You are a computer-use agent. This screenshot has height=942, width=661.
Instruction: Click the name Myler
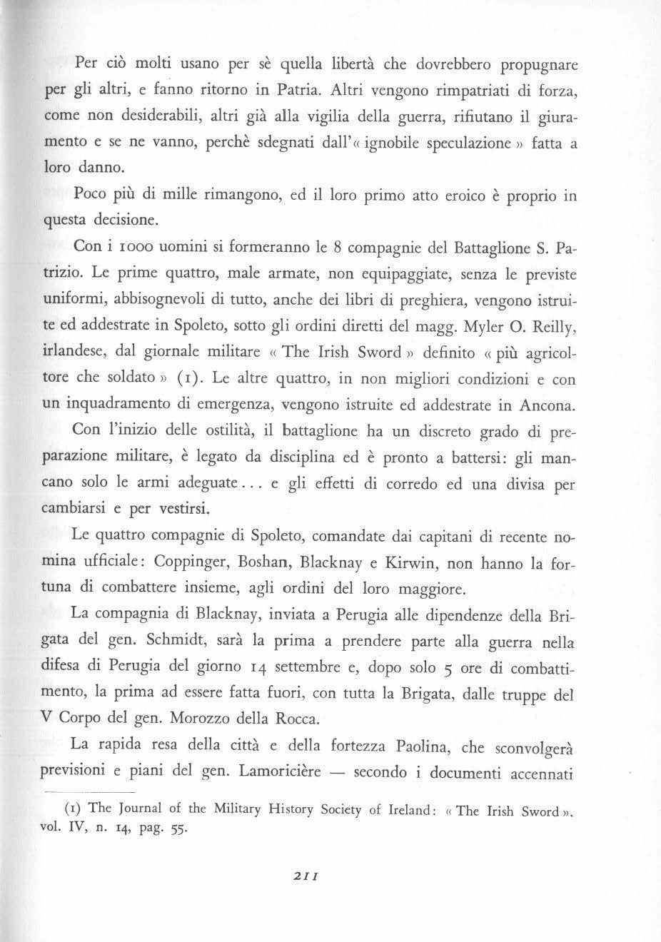(484, 328)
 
